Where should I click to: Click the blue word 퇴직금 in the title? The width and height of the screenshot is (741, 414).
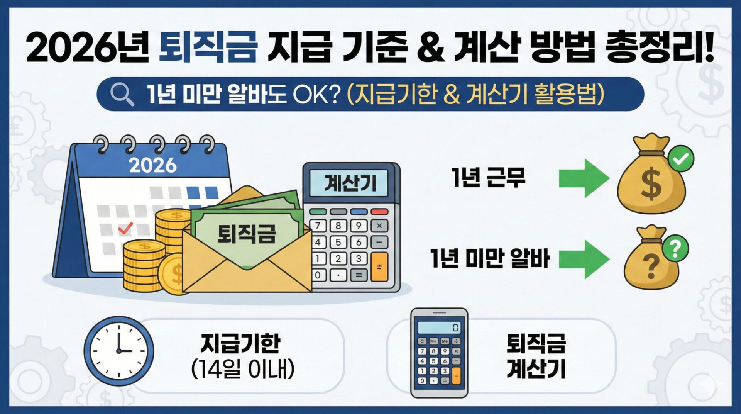click(x=208, y=48)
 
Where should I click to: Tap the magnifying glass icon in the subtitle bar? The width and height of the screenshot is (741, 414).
click(x=122, y=94)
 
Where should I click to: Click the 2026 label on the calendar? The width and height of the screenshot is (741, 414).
click(x=152, y=165)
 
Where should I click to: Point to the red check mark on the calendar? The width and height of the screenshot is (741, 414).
click(x=125, y=228)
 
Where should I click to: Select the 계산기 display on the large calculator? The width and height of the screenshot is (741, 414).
click(x=349, y=183)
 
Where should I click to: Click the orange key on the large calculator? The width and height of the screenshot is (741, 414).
click(x=379, y=267)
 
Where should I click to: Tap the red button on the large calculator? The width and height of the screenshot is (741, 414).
click(x=379, y=212)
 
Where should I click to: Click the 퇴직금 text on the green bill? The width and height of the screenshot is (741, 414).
click(x=247, y=234)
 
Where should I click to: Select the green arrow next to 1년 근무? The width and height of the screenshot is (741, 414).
click(x=584, y=178)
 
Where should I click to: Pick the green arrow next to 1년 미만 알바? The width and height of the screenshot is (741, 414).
click(x=584, y=259)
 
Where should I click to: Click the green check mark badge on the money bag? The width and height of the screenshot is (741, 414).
click(x=681, y=158)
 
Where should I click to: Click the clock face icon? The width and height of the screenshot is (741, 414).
click(x=119, y=351)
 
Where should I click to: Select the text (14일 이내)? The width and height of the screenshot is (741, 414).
click(x=243, y=369)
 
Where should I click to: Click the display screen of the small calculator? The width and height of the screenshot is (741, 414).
click(x=439, y=327)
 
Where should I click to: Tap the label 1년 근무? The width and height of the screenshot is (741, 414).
click(x=489, y=178)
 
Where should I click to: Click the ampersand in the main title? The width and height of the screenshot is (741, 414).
click(x=431, y=48)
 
